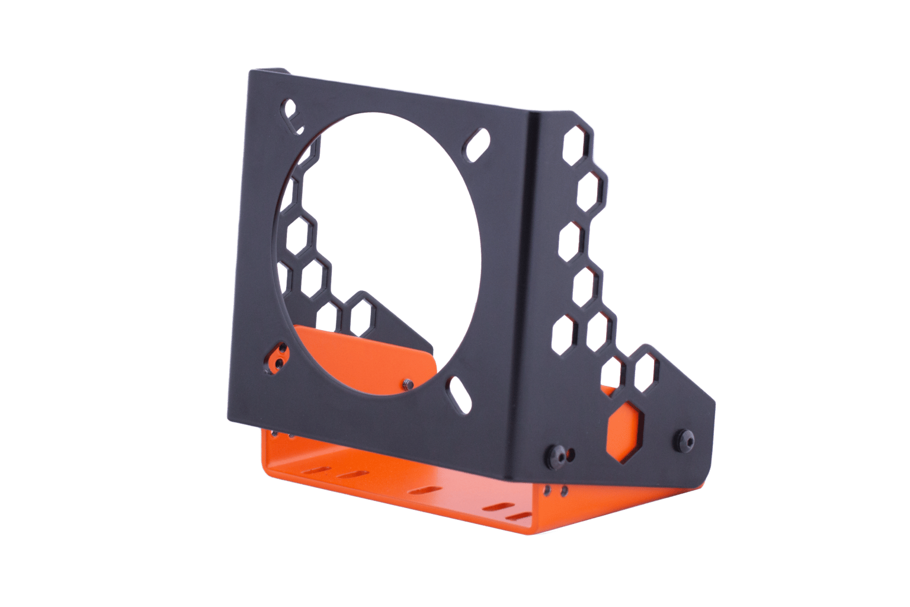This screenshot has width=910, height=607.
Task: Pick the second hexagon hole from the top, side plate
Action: [x=594, y=187]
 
